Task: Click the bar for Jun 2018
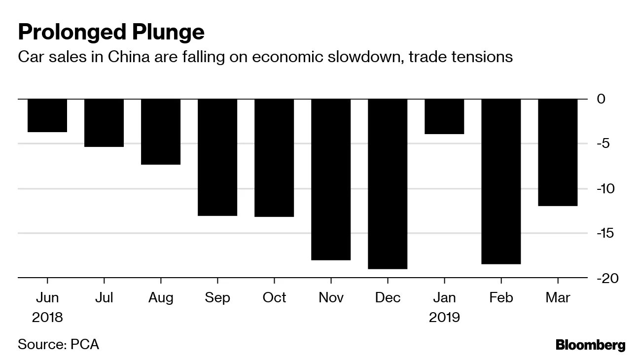click(x=47, y=115)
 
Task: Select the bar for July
click(x=104, y=123)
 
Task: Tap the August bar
click(x=161, y=132)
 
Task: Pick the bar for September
click(x=217, y=157)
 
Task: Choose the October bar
click(x=274, y=158)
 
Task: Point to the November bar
click(x=331, y=180)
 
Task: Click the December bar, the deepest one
click(x=388, y=184)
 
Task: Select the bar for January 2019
click(x=444, y=116)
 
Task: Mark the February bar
click(x=501, y=181)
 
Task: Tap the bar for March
click(x=558, y=152)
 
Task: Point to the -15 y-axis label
click(x=604, y=234)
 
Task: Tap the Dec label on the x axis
click(x=388, y=298)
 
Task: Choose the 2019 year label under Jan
click(x=444, y=317)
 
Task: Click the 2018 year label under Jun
click(x=47, y=317)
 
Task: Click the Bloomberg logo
click(x=590, y=345)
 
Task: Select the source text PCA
click(x=85, y=344)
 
